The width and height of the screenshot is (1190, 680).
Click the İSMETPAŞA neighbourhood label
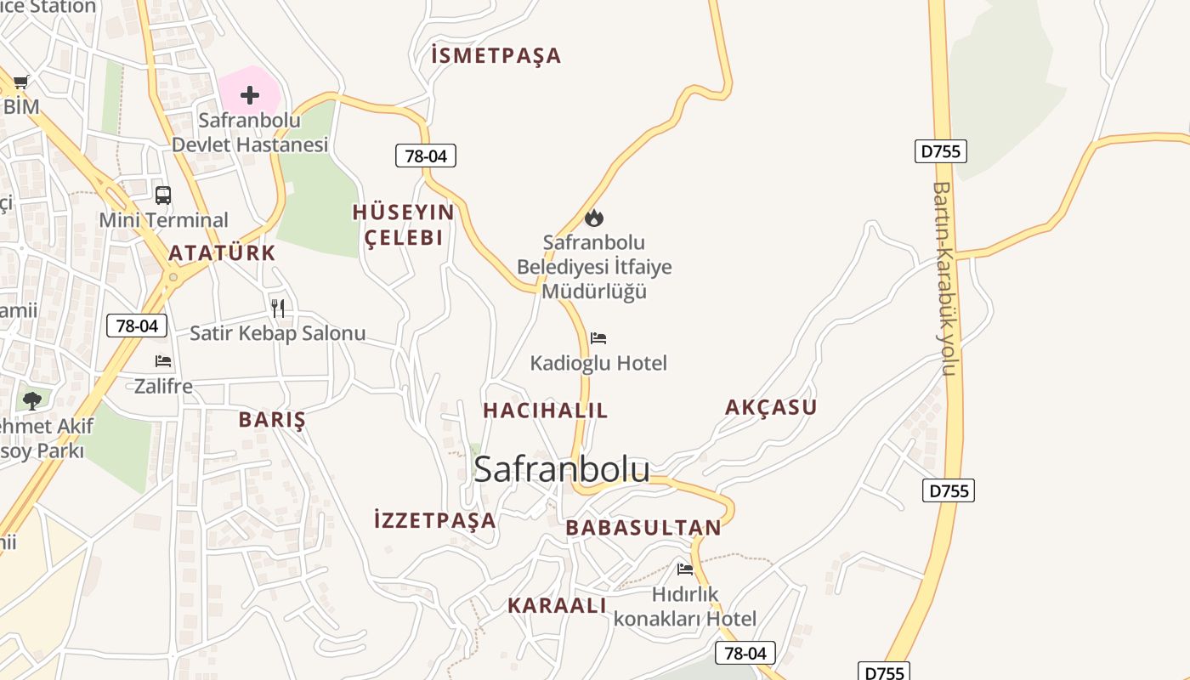496,56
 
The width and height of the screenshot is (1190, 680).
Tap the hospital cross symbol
249,95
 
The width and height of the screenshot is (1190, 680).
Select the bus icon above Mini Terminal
163,195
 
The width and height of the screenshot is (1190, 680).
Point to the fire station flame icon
594,218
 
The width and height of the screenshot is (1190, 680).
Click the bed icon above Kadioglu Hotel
598,338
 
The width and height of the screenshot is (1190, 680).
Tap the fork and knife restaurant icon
278,308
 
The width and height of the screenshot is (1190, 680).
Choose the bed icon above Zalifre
163,361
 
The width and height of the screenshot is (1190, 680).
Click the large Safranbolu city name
562,470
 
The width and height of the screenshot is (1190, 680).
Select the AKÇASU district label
771,407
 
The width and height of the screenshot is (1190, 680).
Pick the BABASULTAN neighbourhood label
643,528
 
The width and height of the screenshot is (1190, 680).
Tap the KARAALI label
557,606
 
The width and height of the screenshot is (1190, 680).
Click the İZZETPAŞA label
435,520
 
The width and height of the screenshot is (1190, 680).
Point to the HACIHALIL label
546,411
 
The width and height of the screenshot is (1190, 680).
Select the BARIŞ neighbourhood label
272,420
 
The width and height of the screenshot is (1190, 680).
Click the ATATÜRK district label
223,252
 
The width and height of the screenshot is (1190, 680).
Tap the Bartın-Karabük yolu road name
944,279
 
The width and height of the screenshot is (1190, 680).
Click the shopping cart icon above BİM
21,82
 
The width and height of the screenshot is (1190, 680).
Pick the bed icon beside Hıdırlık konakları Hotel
685,569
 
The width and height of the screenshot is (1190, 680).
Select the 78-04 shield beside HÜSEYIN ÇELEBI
426,156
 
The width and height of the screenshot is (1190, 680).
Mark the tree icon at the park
32,400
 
